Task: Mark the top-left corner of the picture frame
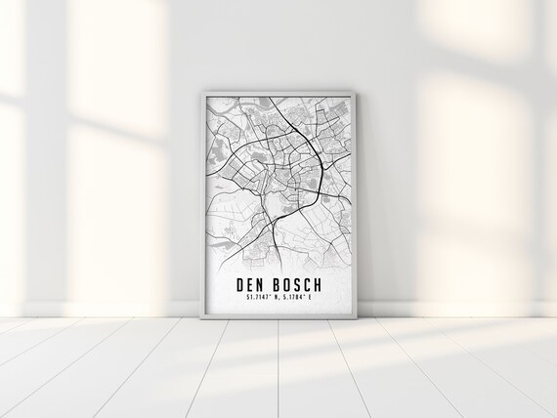tap(200, 90)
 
